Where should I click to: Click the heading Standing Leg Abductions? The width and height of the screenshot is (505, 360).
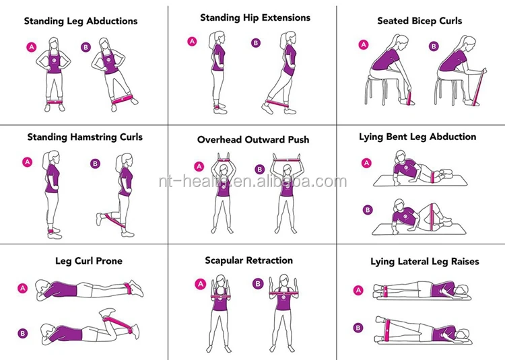point(81,21)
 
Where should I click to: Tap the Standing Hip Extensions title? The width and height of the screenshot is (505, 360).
point(255,17)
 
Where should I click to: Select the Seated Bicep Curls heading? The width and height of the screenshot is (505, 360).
point(419,21)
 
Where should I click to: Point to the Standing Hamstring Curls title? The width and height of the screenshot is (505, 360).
point(85,137)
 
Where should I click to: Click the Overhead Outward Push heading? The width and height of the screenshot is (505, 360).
point(253,140)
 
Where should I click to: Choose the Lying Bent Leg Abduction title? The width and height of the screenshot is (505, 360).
point(417,137)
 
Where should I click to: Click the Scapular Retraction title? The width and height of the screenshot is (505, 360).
point(249,260)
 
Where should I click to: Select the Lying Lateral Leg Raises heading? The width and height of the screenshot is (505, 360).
point(425,261)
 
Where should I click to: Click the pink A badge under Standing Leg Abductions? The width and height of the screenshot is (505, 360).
point(31,46)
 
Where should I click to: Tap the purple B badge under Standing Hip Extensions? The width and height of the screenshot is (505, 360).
point(255,42)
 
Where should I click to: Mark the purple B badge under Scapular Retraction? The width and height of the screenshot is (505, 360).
point(258,284)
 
